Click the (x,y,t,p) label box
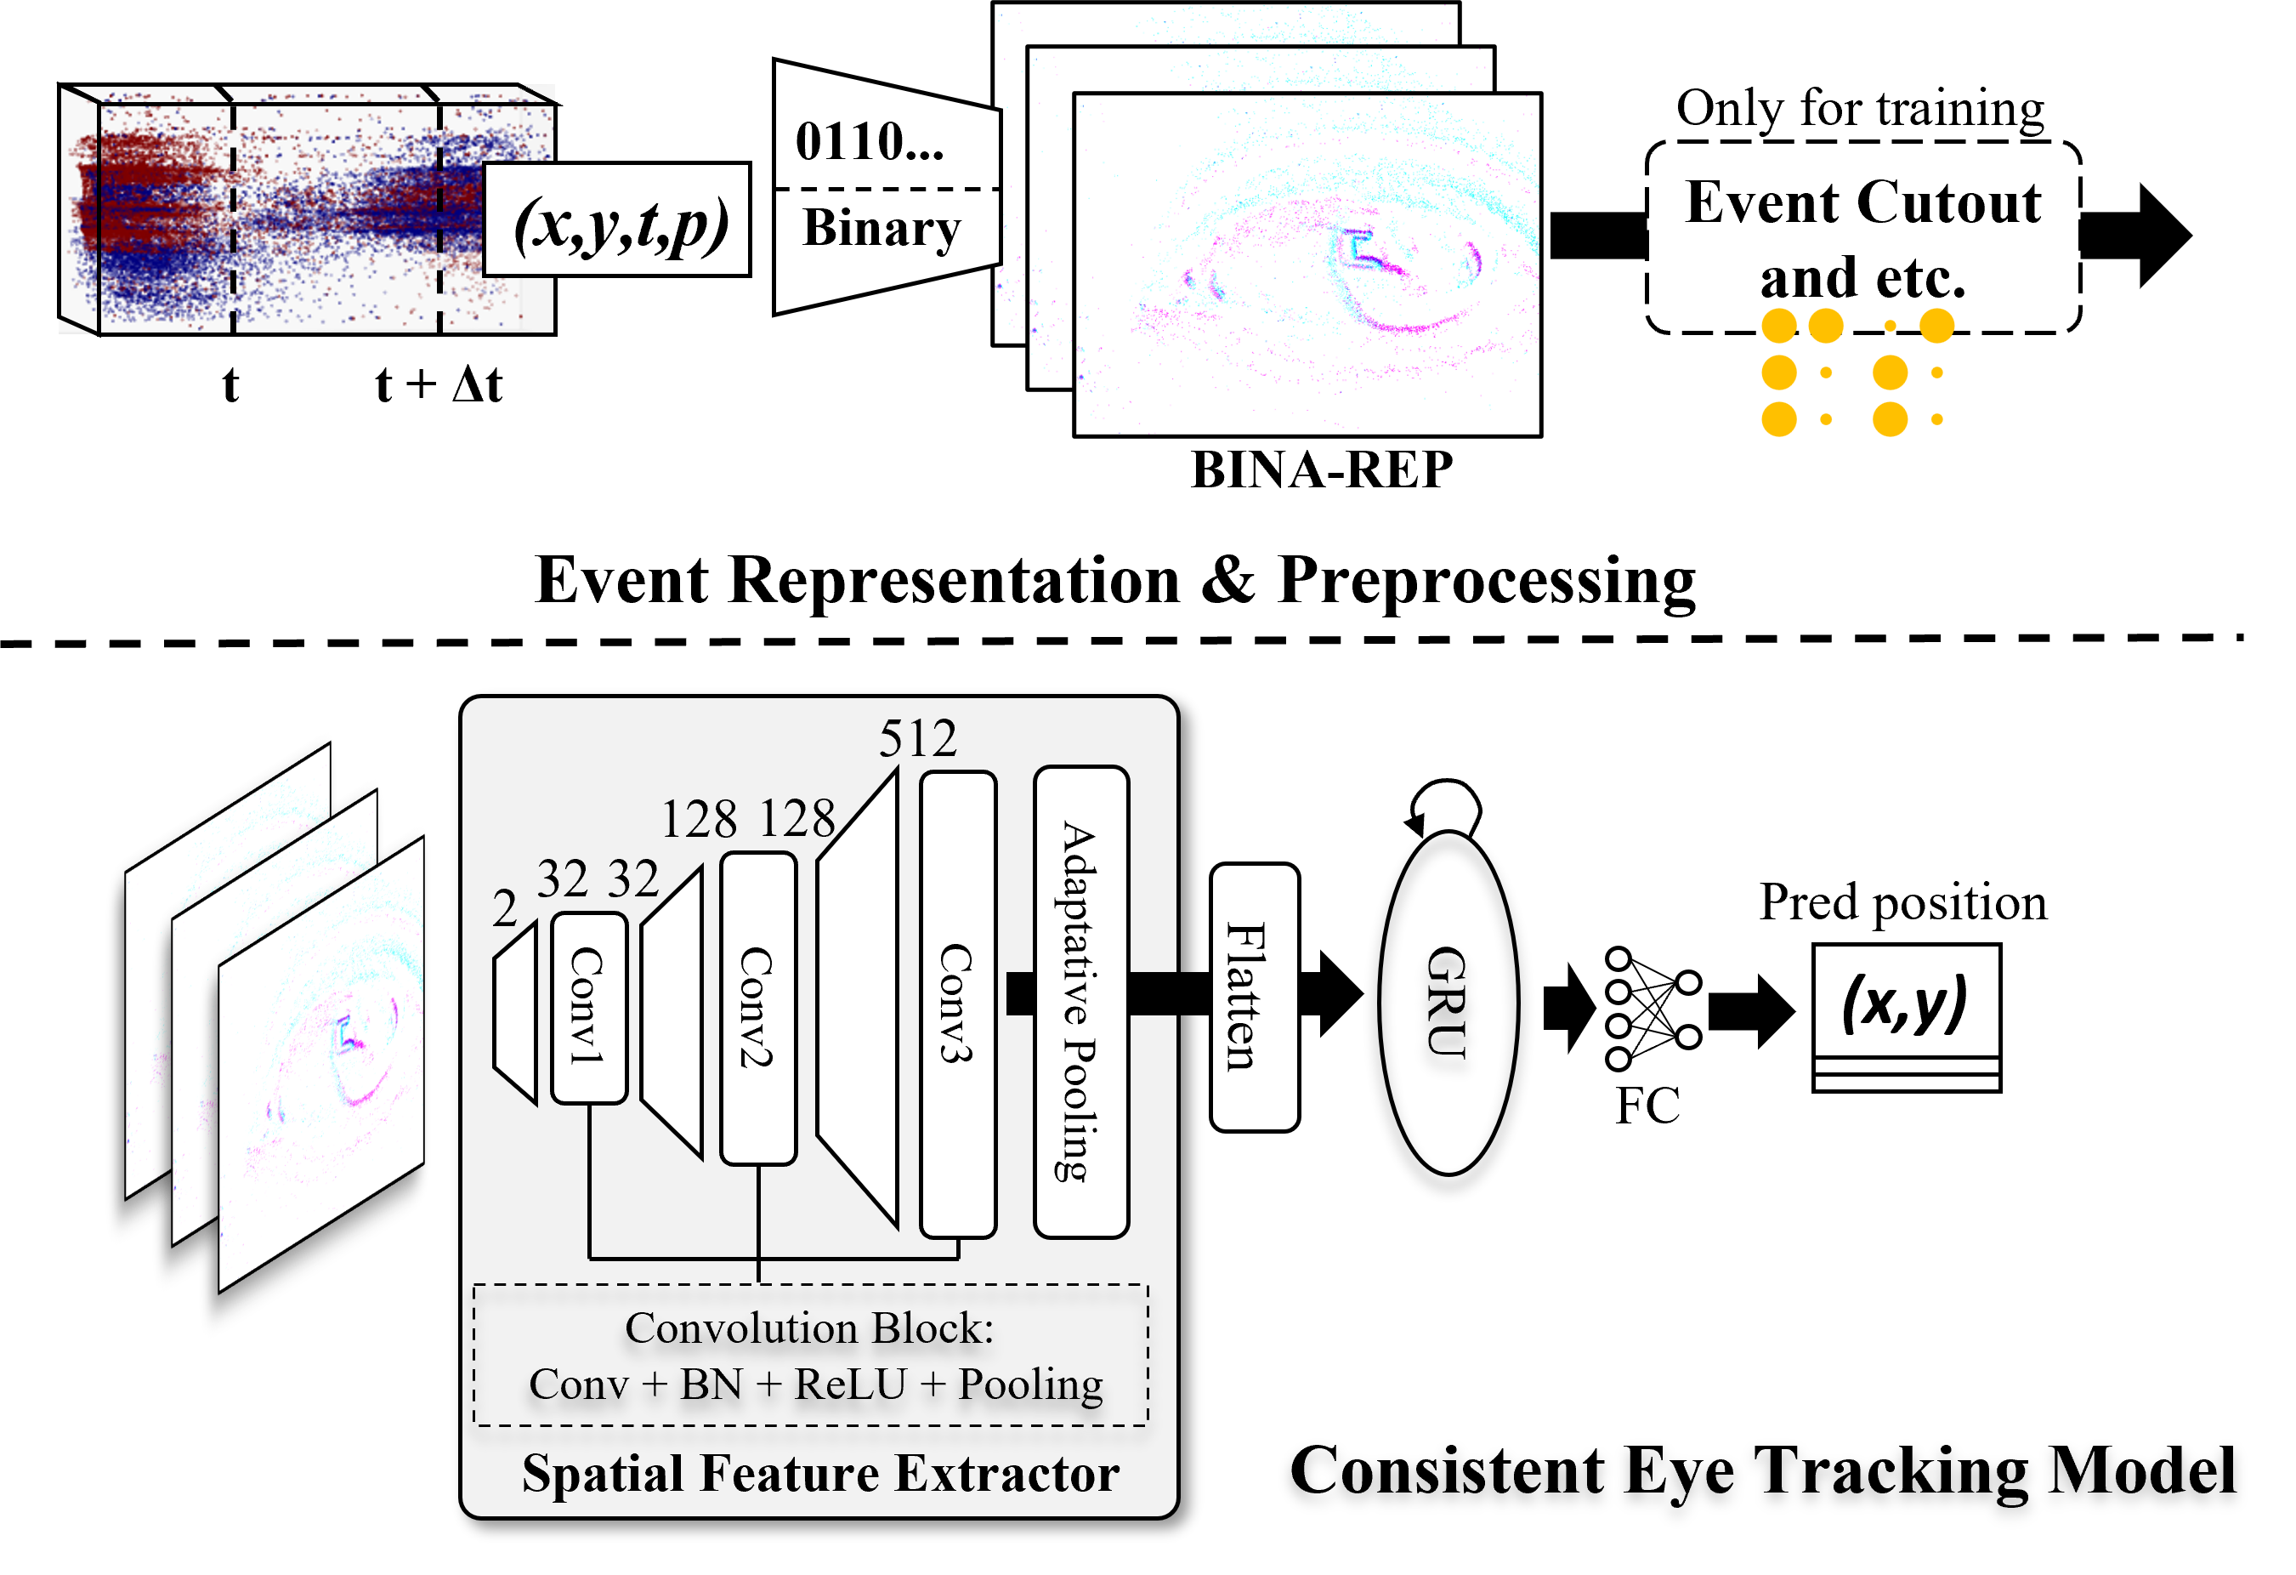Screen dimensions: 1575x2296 pos(616,220)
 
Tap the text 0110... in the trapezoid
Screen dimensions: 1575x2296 pos(870,141)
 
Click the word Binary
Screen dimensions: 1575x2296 pos(882,228)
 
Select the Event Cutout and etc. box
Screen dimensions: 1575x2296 pos(1862,237)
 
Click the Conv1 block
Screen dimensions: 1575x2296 pos(589,1008)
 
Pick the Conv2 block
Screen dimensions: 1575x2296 pos(757,1008)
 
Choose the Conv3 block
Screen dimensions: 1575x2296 pos(956,1003)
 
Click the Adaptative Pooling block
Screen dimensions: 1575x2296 pos(1080,1001)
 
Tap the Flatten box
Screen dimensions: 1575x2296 pos(1253,996)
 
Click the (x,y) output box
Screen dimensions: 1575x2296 pos(1906,1002)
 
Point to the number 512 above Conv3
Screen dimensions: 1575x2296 pos(918,738)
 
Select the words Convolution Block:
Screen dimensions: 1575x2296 pos(809,1328)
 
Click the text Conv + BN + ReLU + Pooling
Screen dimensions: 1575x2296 pos(815,1385)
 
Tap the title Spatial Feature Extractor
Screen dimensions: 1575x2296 pos(820,1473)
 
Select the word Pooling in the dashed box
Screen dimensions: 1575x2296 pos(1030,1385)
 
